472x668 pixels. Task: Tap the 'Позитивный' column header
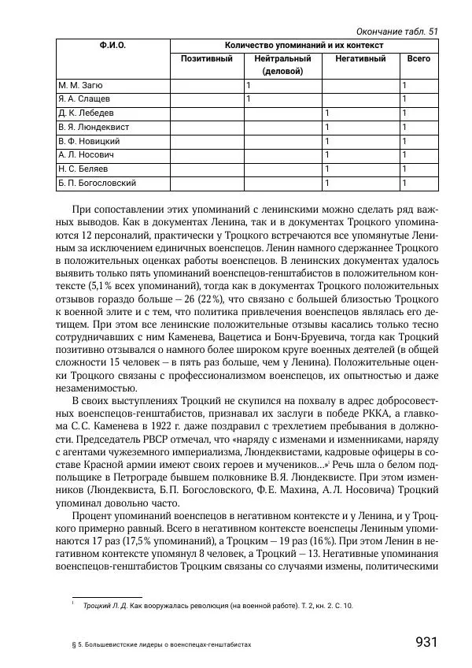tap(206, 59)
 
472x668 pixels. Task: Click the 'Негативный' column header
tap(360, 59)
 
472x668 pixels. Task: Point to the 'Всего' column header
tap(418, 59)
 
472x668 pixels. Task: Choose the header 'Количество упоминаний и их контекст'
tap(304, 46)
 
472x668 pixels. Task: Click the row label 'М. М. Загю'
tap(81, 85)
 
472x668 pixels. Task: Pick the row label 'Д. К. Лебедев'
tap(87, 113)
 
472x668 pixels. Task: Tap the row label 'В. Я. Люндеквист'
tap(94, 127)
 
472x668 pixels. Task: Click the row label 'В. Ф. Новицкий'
tap(89, 141)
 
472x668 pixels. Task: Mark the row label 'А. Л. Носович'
tap(87, 155)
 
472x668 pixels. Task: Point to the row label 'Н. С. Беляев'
tap(83, 169)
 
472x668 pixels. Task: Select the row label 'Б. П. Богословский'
tap(98, 184)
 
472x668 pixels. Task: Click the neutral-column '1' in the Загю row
tap(249, 85)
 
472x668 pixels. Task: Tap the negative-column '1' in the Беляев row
tap(326, 169)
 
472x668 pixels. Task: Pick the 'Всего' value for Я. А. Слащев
tap(404, 99)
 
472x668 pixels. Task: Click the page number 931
tap(426, 642)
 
